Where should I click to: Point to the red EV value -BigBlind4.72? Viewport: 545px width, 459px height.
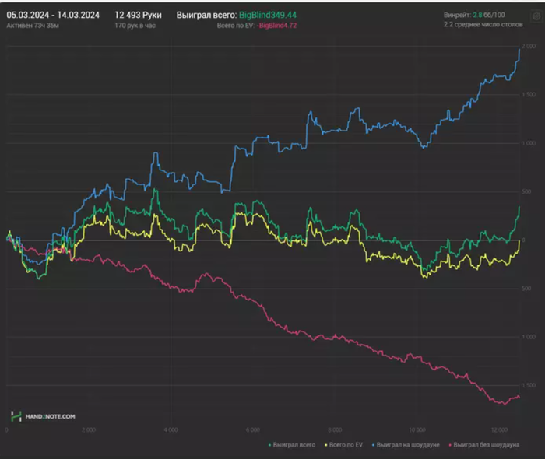pyautogui.click(x=281, y=26)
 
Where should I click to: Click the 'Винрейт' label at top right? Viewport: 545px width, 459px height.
pyautogui.click(x=456, y=15)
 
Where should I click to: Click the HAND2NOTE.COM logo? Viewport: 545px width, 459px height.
pyautogui.click(x=44, y=417)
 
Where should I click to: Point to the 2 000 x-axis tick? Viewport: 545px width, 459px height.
pyautogui.click(x=88, y=429)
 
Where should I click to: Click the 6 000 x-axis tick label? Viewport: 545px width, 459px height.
pyautogui.click(x=251, y=429)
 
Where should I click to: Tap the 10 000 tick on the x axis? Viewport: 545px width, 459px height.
pyautogui.click(x=417, y=429)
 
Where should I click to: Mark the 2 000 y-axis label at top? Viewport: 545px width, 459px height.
pyautogui.click(x=529, y=47)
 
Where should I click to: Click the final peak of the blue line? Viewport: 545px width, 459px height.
pyautogui.click(x=520, y=48)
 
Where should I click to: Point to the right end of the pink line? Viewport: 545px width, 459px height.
pyautogui.click(x=519, y=397)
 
